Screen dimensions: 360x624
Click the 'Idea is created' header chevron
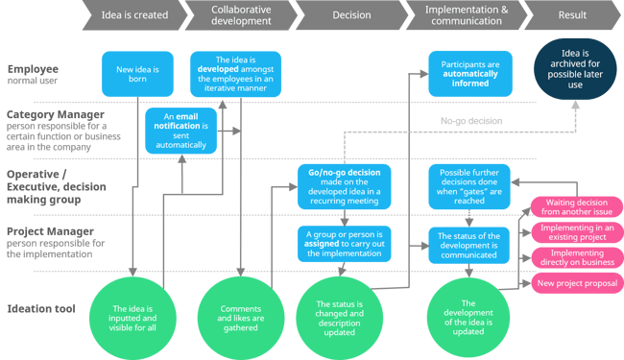(135, 15)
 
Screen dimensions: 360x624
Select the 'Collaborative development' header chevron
(240, 15)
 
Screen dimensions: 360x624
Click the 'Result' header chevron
(573, 15)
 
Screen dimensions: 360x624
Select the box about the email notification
(180, 131)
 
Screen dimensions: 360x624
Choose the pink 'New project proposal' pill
(572, 282)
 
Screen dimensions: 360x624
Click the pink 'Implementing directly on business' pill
(572, 259)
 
